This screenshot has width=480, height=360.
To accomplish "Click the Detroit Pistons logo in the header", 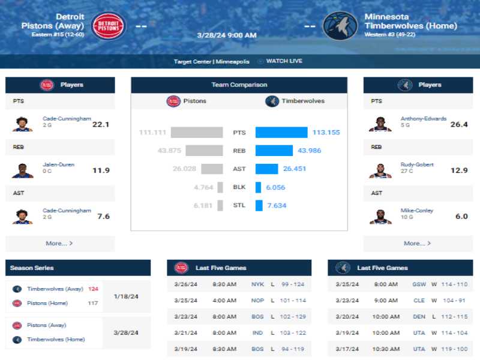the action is click(x=108, y=26).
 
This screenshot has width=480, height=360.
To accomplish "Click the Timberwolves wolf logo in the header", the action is click(x=340, y=26).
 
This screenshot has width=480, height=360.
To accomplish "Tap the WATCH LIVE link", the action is click(x=284, y=61).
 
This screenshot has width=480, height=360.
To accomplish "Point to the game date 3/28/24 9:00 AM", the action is click(x=227, y=35).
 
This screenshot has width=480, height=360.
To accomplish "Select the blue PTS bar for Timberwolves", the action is click(x=281, y=132).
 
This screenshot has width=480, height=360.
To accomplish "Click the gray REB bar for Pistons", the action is click(x=204, y=151).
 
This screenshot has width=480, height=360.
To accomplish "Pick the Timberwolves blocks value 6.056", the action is click(x=275, y=187).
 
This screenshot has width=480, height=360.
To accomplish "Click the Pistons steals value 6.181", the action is click(x=203, y=205).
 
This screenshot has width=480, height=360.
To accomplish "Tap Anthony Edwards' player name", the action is click(x=424, y=118).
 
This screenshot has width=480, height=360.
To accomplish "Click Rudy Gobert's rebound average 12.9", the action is click(x=459, y=170).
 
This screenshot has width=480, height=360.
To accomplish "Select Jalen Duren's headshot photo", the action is click(x=22, y=170).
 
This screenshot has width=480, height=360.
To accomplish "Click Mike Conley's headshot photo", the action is click(x=380, y=217).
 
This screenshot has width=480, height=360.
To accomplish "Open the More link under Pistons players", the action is click(x=59, y=244).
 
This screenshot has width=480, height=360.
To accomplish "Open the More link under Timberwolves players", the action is click(x=417, y=244).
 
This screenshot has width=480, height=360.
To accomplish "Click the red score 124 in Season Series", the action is click(x=93, y=289).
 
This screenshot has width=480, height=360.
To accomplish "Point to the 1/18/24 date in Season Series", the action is click(x=126, y=296).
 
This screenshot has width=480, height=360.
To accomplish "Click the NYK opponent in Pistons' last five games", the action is click(x=257, y=284).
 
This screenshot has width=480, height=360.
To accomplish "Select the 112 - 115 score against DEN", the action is click(x=454, y=317).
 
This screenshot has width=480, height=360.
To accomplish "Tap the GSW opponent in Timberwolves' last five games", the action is click(x=419, y=284).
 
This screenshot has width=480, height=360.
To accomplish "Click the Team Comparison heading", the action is click(x=239, y=85).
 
